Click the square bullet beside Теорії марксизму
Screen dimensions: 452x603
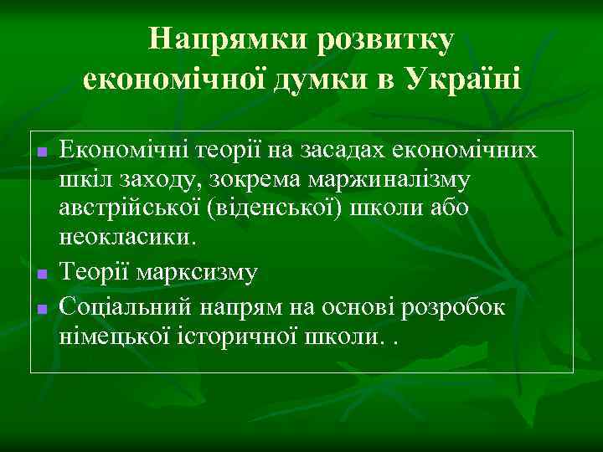pos(40,273)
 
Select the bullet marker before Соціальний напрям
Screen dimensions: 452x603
pos(40,309)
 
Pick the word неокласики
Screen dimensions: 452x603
pos(126,237)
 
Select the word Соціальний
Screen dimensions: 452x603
pos(126,307)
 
